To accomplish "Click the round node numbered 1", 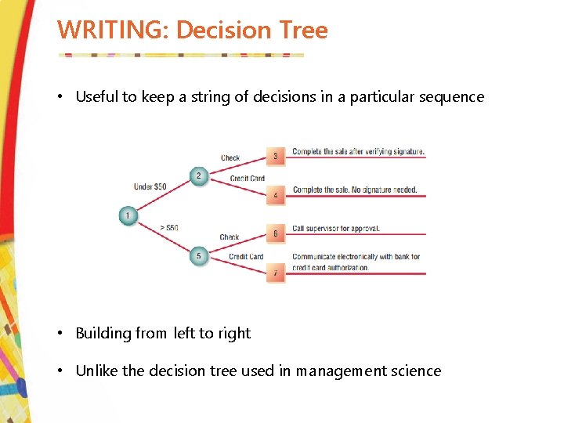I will [128, 215].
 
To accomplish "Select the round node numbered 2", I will [198, 175].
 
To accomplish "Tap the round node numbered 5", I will [198, 256].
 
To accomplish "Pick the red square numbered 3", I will [275, 157].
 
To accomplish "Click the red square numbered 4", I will [275, 195].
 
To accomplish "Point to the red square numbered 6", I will [275, 233].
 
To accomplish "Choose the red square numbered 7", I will [275, 273].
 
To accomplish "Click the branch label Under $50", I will [150, 187].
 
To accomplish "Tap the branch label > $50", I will [168, 228].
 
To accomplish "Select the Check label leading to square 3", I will [230, 158].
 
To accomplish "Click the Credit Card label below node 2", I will [247, 179].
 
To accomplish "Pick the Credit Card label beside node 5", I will [246, 257].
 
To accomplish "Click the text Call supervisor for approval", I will [336, 229].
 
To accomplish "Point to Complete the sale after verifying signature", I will [359, 151].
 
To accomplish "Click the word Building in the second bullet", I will [103, 334].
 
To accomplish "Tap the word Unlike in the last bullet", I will [96, 371].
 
